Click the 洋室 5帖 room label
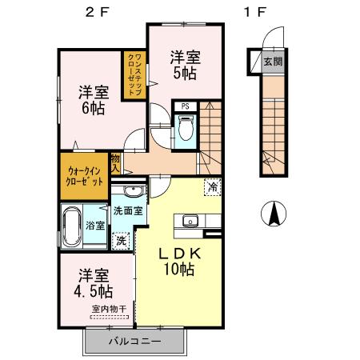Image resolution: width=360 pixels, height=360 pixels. (184, 64)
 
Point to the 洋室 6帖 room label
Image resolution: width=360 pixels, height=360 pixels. (93, 98)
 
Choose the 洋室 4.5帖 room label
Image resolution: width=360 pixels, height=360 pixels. (93, 280)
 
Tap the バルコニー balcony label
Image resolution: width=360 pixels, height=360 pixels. (134, 342)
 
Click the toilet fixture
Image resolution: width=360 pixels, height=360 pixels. (185, 127)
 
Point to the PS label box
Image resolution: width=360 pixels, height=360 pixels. (185, 106)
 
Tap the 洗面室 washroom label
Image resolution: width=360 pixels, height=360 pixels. (127, 212)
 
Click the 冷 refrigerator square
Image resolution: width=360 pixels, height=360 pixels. (212, 189)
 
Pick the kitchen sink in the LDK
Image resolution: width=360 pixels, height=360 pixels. (192, 222)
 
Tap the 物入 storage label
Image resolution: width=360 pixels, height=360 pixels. (116, 164)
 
